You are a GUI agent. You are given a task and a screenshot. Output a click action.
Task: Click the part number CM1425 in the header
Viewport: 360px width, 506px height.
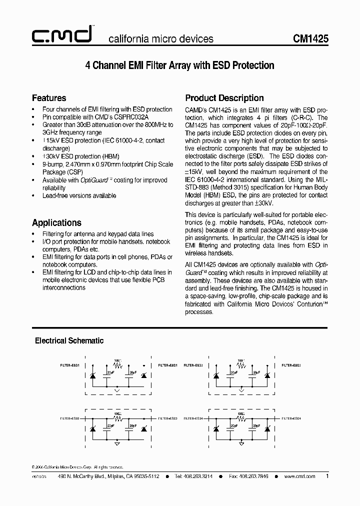(x=310, y=39)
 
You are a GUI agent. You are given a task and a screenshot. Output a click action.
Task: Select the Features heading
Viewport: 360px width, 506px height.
(x=49, y=98)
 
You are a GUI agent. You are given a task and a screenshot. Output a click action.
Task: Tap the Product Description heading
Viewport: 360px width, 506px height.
(x=224, y=98)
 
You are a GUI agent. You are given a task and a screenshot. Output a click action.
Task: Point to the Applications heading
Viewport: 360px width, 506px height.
(x=56, y=223)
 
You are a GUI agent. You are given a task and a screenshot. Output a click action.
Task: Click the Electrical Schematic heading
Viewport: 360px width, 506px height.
(x=69, y=340)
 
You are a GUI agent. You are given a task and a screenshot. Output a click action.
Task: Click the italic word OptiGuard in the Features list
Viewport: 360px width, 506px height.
(x=82, y=180)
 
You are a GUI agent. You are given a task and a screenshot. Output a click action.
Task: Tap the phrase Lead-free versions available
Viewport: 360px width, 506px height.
(x=79, y=195)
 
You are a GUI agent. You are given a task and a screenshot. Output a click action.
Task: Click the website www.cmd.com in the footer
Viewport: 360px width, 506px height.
(x=299, y=476)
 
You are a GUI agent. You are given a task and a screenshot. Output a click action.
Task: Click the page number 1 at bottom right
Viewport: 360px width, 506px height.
(x=327, y=476)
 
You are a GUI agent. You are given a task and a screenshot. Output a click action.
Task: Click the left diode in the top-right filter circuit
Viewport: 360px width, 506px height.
(x=216, y=375)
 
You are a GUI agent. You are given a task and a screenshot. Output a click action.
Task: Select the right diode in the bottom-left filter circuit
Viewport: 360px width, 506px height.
(x=143, y=429)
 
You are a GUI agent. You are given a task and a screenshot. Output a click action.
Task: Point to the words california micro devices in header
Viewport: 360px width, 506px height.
(x=161, y=39)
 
